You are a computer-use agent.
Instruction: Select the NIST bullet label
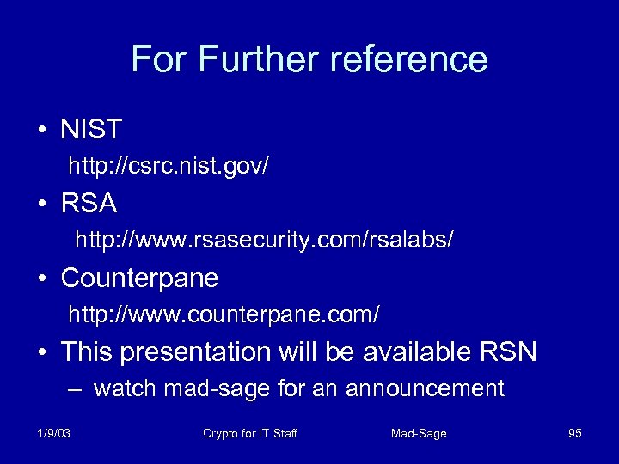click(x=91, y=130)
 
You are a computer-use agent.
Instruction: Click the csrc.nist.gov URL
click(x=169, y=166)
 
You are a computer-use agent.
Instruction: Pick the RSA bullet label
click(x=89, y=204)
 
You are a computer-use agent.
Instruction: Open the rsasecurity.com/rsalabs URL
click(x=264, y=241)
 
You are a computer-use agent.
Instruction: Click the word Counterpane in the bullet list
click(x=139, y=278)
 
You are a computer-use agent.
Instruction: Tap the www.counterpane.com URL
click(x=224, y=315)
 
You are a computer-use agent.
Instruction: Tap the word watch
click(x=125, y=389)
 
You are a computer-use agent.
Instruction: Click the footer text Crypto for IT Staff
click(x=250, y=434)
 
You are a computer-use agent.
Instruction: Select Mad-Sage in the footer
click(x=419, y=434)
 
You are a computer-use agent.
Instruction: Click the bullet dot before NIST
click(x=42, y=131)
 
